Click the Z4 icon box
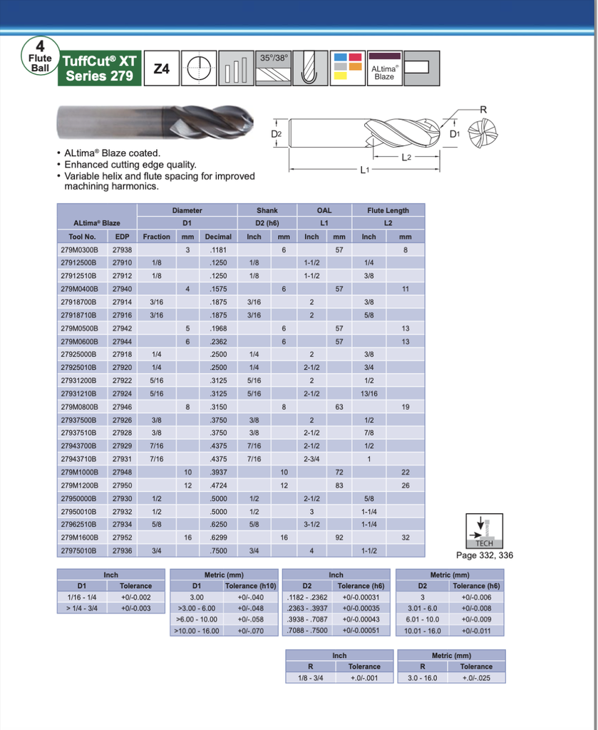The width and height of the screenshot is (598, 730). (161, 68)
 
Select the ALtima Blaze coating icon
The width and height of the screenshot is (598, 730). (383, 68)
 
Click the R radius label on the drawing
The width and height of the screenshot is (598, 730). (483, 109)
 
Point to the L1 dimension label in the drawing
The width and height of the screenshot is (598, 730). (364, 170)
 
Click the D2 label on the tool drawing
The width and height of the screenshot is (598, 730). (277, 133)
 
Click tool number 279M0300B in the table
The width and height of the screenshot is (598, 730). (79, 250)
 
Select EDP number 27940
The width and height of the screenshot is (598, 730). (122, 289)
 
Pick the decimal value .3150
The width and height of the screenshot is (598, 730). (217, 406)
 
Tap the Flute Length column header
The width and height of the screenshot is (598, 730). (388, 210)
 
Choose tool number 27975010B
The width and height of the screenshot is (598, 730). (79, 550)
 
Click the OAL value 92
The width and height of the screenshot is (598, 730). (339, 538)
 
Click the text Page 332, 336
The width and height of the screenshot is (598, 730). (484, 555)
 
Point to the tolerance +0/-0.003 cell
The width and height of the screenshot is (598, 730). (135, 608)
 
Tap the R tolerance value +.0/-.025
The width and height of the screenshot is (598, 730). (475, 678)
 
